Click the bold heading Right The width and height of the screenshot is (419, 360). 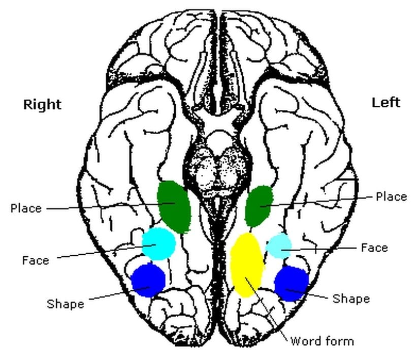click(x=42, y=105)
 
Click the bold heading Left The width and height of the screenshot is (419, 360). click(x=386, y=102)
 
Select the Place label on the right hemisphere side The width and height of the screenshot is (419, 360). click(x=26, y=208)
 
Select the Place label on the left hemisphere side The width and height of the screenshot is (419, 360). click(x=391, y=197)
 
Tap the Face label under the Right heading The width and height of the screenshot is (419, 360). click(x=36, y=260)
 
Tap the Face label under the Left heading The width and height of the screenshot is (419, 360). click(x=374, y=248)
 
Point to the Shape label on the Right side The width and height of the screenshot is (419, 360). click(x=66, y=304)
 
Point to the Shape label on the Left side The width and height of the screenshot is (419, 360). click(x=351, y=298)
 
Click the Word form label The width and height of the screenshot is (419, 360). click(x=322, y=341)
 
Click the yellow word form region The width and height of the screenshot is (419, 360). click(x=246, y=265)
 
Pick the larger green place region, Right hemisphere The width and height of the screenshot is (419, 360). click(x=174, y=206)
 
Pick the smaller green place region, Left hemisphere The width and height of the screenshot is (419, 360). click(x=259, y=206)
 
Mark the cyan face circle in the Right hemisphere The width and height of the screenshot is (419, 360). click(x=159, y=244)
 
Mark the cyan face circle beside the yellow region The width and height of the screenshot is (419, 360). click(x=279, y=246)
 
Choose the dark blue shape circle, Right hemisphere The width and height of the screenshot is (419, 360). click(x=148, y=280)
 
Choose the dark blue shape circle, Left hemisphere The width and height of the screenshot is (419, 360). click(x=292, y=284)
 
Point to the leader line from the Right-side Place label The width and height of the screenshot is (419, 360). click(x=111, y=206)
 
